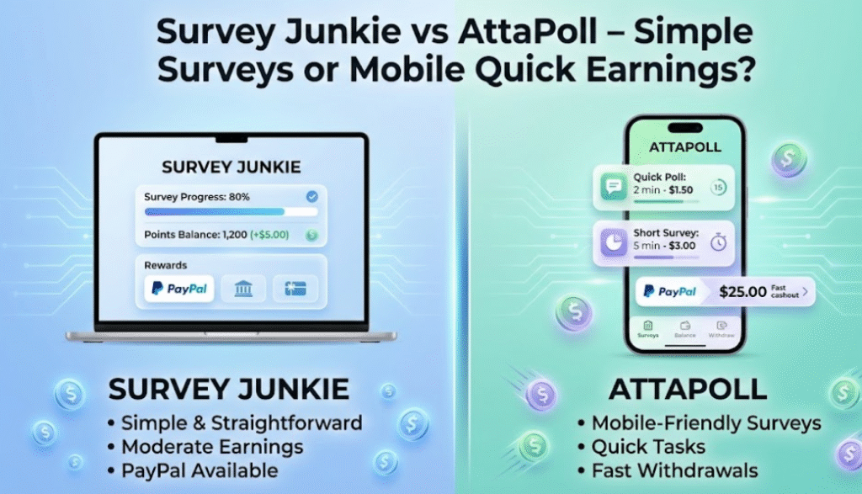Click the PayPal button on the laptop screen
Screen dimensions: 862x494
pos(179,289)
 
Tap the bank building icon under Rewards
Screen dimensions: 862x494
pos(243,289)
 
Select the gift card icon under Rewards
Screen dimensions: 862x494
pos(295,289)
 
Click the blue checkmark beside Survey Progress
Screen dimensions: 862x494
pos(311,196)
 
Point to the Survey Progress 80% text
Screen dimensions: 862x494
pos(197,197)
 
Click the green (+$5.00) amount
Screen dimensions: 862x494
pos(269,235)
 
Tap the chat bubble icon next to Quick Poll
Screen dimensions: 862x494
pos(614,187)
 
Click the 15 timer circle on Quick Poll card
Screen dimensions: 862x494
pos(718,188)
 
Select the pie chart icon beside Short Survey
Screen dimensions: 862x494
pos(614,242)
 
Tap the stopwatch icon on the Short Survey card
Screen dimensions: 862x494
pos(718,242)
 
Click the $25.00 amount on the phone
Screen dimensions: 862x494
pos(742,291)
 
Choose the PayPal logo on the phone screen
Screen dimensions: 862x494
pos(669,291)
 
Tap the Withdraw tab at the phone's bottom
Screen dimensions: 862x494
pos(721,329)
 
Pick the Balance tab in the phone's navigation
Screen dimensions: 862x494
pos(685,329)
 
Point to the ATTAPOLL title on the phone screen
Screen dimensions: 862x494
pos(685,147)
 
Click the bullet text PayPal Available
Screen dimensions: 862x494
pos(200,471)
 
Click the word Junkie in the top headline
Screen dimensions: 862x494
pos(342,32)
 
